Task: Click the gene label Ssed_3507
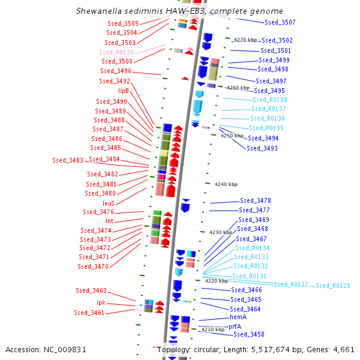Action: click(x=280, y=22)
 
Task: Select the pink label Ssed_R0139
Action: click(x=116, y=52)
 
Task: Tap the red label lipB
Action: click(x=123, y=91)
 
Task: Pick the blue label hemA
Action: click(x=238, y=317)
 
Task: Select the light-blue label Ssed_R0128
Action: click(x=333, y=286)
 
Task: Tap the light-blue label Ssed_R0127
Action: click(x=291, y=284)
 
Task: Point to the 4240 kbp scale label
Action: click(x=226, y=184)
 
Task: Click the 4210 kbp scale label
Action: click(x=212, y=329)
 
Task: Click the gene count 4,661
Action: click(x=343, y=349)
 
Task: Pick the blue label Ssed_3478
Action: click(x=255, y=200)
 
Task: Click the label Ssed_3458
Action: click(x=249, y=334)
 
